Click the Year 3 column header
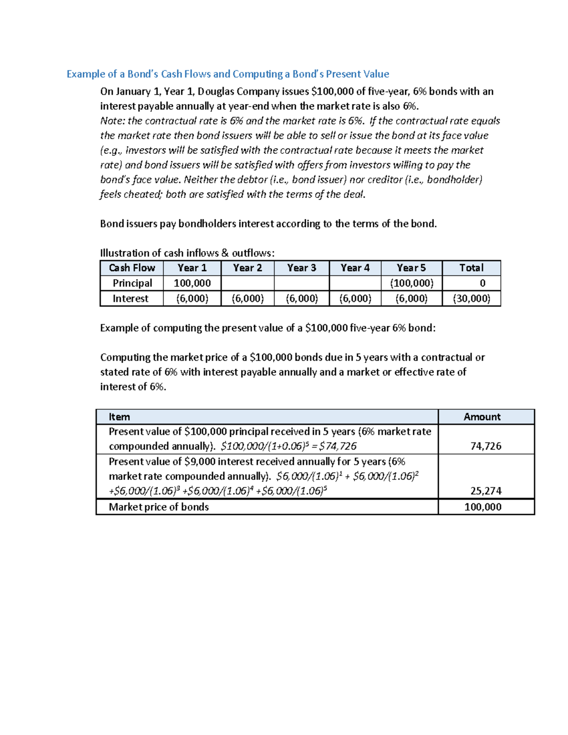pyautogui.click(x=302, y=268)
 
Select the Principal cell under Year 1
pyautogui.click(x=192, y=283)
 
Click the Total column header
pyautogui.click(x=471, y=268)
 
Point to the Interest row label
pyautogui.click(x=131, y=299)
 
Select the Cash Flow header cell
pyautogui.click(x=132, y=268)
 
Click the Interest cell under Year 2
pyautogui.click(x=248, y=299)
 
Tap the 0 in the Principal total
pyautogui.click(x=482, y=283)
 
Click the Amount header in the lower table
pyautogui.click(x=482, y=417)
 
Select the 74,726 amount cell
pyautogui.click(x=486, y=446)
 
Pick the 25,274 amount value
pyautogui.click(x=486, y=491)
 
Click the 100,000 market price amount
pyautogui.click(x=483, y=507)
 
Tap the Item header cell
pyautogui.click(x=119, y=417)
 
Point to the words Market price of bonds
pyautogui.click(x=159, y=507)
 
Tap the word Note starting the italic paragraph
pyautogui.click(x=112, y=121)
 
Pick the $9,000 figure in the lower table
pyautogui.click(x=200, y=461)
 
